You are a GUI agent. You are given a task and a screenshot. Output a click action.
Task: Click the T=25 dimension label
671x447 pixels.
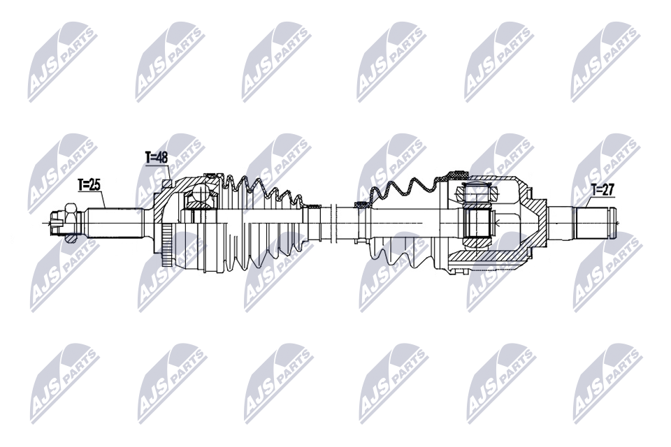(89, 185)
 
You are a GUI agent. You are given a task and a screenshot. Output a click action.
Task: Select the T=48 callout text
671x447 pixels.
(157, 158)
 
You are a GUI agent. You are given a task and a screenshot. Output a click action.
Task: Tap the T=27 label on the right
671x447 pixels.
(603, 189)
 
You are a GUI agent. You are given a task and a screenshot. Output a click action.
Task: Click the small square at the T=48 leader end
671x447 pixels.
(167, 184)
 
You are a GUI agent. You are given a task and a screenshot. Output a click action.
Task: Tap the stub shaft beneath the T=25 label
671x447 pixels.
(115, 222)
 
